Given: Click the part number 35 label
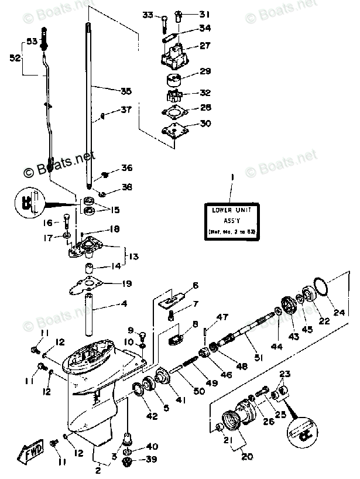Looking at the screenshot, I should (x=126, y=91).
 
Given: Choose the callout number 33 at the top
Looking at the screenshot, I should (x=148, y=15).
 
